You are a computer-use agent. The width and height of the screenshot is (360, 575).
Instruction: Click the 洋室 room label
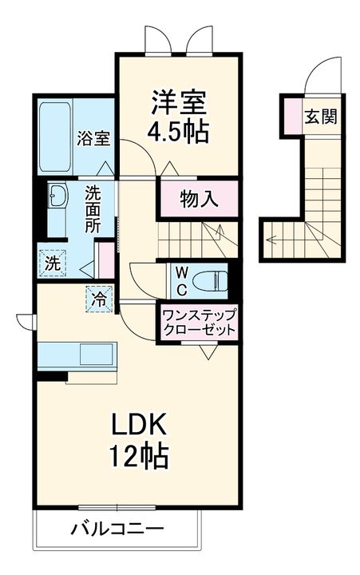[x=180, y=103]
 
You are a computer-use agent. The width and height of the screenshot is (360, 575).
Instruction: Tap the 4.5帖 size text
[x=180, y=130]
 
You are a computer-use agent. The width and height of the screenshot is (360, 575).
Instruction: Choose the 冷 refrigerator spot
[x=98, y=300]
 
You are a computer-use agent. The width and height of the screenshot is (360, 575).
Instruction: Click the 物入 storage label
[x=199, y=199]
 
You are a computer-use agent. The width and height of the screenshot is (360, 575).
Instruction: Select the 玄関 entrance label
[x=319, y=116]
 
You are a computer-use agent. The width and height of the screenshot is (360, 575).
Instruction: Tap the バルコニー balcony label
[x=117, y=529]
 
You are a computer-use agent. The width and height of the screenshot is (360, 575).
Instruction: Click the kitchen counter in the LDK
[x=77, y=354]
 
